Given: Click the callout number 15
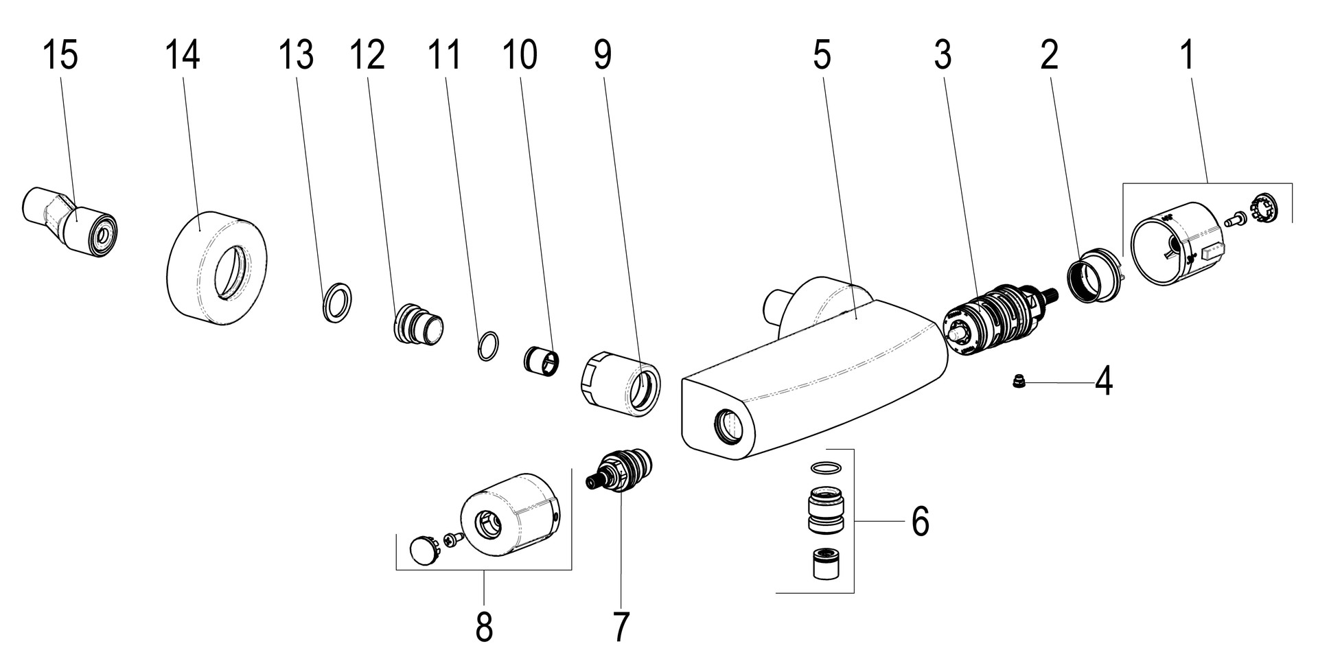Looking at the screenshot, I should [x=60, y=55].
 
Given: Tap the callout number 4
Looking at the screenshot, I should [x=1102, y=383].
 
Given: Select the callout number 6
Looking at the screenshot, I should [x=920, y=522].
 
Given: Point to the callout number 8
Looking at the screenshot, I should [x=484, y=626].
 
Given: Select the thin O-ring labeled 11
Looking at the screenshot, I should [x=487, y=346].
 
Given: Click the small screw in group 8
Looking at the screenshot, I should [x=451, y=540].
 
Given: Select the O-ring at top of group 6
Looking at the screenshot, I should [x=825, y=467].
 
